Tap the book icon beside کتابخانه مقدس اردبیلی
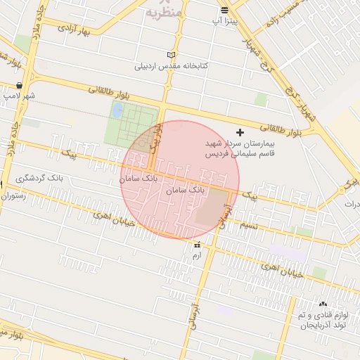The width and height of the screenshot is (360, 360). coord(172,55)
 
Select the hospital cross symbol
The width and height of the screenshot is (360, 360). coord(240,131)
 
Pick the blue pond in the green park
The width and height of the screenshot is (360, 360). coord(117,110)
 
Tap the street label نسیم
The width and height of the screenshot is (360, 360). coord(249,224)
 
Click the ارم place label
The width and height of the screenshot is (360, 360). coord(197,255)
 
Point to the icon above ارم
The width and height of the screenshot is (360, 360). coord(197,245)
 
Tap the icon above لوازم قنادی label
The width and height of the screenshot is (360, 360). coord(323,304)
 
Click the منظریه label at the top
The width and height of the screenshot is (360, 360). coord(167,12)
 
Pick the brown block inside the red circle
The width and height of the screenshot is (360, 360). coord(212,207)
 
